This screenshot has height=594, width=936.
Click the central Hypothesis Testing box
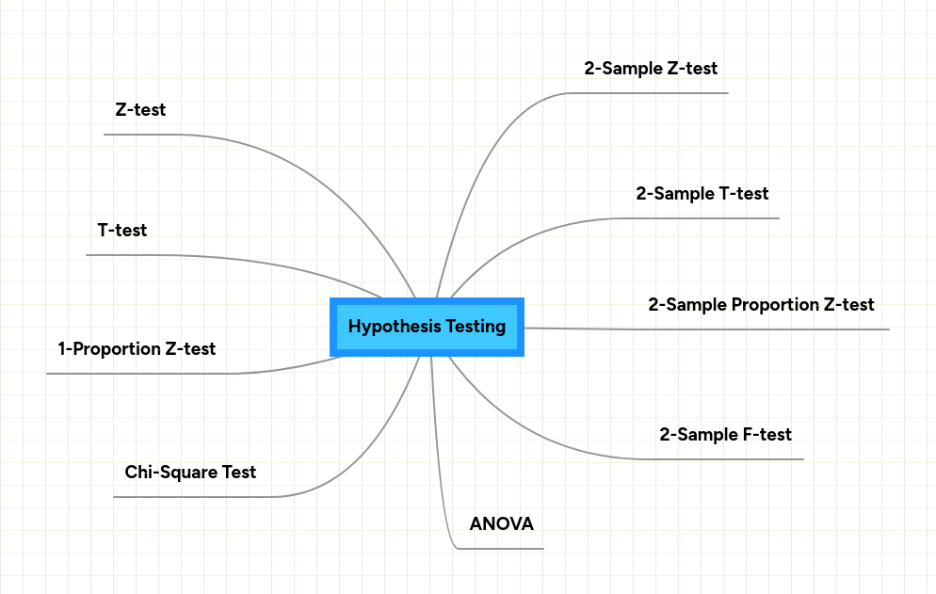click(427, 327)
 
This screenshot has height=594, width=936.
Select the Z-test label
click(140, 110)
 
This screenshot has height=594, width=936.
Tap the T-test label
click(122, 230)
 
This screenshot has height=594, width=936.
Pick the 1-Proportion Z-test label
click(137, 349)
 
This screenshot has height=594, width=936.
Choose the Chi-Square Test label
click(190, 472)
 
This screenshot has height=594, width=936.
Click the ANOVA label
click(501, 524)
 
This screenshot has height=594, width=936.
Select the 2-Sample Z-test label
click(651, 69)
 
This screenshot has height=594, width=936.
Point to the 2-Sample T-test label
click(702, 194)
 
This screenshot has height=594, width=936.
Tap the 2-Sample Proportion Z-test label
click(761, 305)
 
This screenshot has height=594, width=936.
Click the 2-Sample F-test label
click(726, 435)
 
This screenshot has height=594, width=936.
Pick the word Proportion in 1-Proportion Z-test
click(117, 349)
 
